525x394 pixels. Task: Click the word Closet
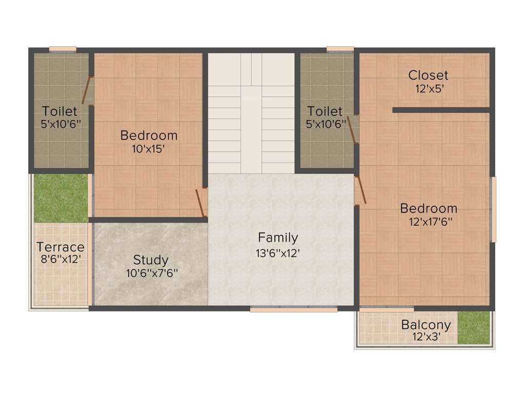click(428, 75)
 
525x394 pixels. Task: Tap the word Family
click(278, 238)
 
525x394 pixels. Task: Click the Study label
click(151, 260)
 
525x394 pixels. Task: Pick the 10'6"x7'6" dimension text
click(152, 273)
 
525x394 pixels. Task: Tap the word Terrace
click(60, 247)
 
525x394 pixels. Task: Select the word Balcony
click(426, 325)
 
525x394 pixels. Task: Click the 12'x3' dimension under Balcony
click(426, 337)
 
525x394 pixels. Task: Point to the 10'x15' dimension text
click(149, 149)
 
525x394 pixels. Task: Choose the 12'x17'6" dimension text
click(429, 222)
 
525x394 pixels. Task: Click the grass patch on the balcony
click(473, 327)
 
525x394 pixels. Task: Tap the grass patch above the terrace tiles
click(61, 198)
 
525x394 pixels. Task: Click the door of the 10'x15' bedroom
click(201, 203)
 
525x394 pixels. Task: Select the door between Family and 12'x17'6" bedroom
click(360, 190)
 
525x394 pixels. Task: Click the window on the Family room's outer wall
click(294, 309)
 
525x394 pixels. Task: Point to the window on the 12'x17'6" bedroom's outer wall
click(494, 209)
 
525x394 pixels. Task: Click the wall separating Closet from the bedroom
click(441, 110)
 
